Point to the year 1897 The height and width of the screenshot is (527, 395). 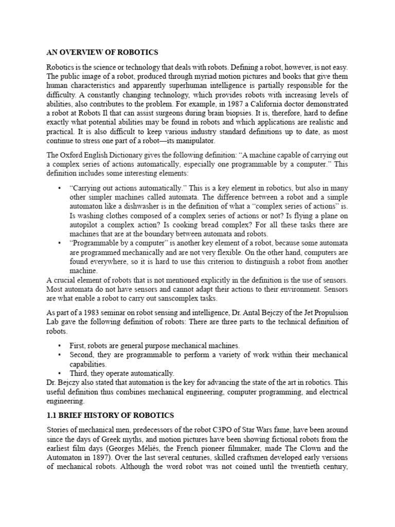coord(110,458)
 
